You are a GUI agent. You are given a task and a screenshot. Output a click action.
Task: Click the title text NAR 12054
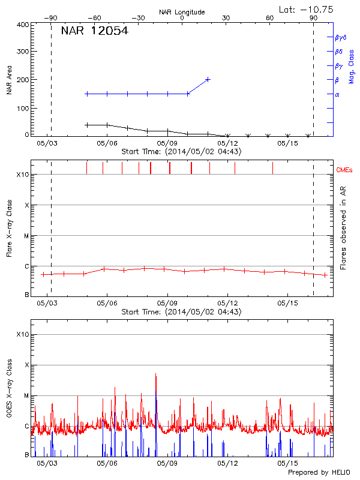click(94, 31)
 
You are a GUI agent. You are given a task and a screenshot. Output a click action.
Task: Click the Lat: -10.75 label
click(307, 9)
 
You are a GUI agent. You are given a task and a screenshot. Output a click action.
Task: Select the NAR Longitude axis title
click(182, 12)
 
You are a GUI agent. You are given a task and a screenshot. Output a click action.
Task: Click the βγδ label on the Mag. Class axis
click(340, 37)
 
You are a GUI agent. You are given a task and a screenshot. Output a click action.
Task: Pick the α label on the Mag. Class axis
click(337, 94)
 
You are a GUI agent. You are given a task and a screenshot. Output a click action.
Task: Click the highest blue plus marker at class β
click(208, 79)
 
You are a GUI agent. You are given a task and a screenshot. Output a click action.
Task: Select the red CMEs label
click(344, 170)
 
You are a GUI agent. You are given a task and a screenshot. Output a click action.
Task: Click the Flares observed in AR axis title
click(343, 227)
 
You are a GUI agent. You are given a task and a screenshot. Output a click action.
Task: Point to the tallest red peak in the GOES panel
click(156, 374)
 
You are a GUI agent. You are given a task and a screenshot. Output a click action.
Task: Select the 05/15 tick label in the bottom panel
click(287, 463)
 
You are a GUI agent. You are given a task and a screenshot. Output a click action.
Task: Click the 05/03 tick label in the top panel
click(47, 143)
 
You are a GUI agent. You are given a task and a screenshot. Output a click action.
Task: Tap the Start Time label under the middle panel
click(181, 312)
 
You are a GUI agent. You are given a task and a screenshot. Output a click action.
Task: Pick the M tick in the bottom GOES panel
click(26, 395)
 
